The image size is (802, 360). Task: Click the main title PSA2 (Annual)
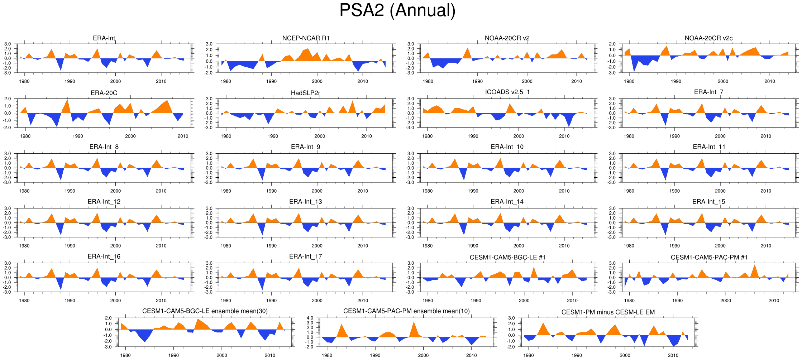[397, 11]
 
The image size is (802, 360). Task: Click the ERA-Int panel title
[104, 38]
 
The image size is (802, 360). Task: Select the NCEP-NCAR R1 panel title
[306, 38]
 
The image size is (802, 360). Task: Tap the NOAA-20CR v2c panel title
[708, 38]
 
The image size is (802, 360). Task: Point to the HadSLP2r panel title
[305, 93]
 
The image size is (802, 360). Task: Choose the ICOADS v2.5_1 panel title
[507, 92]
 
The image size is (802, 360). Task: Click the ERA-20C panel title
[104, 93]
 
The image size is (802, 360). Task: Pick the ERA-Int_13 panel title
[305, 202]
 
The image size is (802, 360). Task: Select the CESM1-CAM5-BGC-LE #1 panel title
[507, 258]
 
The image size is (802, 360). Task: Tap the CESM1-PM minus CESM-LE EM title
[608, 312]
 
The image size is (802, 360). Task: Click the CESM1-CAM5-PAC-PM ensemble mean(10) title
[406, 311]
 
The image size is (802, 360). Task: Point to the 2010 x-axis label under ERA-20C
[183, 136]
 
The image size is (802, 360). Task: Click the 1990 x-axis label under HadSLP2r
[273, 136]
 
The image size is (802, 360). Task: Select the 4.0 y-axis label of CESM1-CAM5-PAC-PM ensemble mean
[310, 318]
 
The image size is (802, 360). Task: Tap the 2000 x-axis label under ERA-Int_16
[115, 301]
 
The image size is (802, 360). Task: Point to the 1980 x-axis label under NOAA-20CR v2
[428, 81]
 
